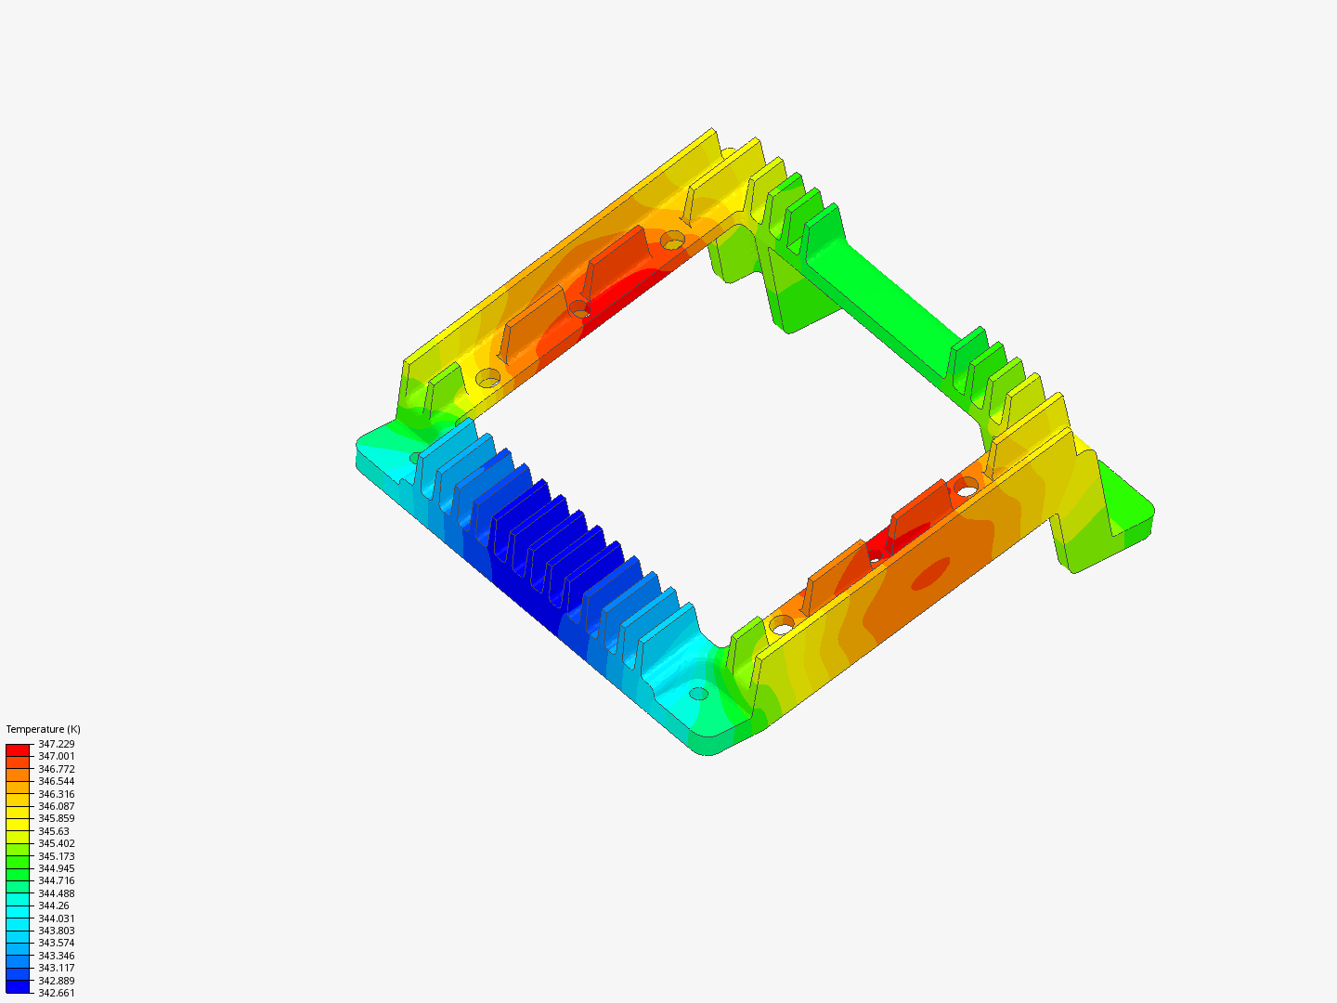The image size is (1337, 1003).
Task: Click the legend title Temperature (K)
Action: (x=43, y=729)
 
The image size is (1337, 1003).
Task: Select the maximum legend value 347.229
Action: (x=56, y=744)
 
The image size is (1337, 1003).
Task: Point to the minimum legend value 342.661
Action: (x=56, y=993)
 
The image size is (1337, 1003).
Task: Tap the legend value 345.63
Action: (x=53, y=831)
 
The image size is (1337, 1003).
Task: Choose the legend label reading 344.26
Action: (x=53, y=905)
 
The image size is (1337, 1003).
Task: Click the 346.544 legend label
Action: (x=56, y=781)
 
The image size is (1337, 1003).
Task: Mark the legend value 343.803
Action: (x=56, y=931)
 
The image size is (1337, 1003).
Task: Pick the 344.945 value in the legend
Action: (x=56, y=868)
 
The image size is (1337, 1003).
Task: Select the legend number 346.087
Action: (x=56, y=806)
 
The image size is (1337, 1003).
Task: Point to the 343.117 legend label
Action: (x=56, y=968)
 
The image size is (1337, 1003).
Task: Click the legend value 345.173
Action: (x=56, y=856)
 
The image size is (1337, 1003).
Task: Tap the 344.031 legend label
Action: (x=56, y=918)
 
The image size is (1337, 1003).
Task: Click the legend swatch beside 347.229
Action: (x=18, y=750)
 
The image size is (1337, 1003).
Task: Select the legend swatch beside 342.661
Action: (x=18, y=986)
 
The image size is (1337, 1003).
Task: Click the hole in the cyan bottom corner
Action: (x=699, y=694)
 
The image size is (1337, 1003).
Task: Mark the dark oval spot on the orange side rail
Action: (x=929, y=574)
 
